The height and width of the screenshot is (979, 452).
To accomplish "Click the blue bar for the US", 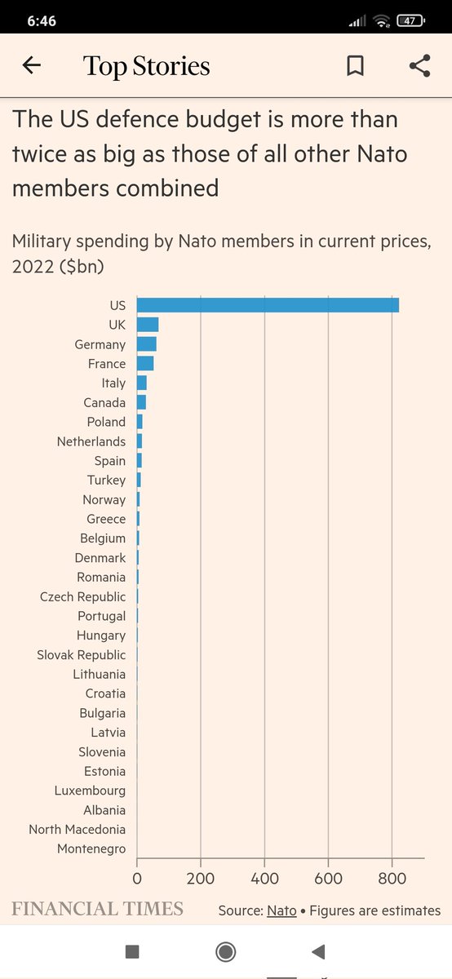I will (268, 305).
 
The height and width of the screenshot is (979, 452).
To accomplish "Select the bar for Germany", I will (147, 344).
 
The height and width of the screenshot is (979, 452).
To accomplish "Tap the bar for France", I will (145, 364).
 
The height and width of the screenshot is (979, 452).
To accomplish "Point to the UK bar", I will (148, 325).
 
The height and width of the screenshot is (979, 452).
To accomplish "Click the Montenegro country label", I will (91, 849).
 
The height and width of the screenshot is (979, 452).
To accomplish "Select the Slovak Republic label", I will (82, 655).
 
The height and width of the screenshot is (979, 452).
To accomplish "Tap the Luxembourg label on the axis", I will (90, 791).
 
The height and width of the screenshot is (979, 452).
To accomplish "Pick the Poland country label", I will (106, 422).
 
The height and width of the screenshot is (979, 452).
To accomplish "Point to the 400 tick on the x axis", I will (264, 879).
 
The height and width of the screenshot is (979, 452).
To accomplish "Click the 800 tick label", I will (392, 879).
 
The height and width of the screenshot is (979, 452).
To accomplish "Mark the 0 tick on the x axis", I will (137, 879).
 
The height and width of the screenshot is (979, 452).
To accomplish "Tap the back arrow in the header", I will (31, 66).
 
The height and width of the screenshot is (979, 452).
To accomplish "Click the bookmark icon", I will (355, 66).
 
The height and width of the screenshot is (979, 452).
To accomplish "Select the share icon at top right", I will (419, 66).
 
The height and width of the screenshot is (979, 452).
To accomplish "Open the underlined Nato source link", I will (281, 910).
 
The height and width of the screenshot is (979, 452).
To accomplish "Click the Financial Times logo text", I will (97, 909).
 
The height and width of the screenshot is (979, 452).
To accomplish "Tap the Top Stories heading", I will (147, 66).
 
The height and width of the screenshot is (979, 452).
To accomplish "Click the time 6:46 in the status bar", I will (41, 21).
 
